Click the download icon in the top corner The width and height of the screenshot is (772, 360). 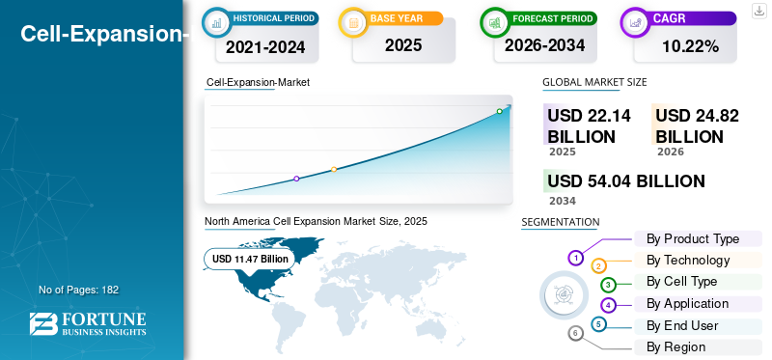coord(758,10)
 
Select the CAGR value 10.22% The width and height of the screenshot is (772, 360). coord(690,46)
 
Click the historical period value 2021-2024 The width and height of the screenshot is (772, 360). coord(266,46)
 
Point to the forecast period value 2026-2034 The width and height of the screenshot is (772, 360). coord(544,45)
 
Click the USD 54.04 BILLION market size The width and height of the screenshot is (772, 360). coord(626,181)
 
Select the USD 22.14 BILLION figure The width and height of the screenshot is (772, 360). coord(589,125)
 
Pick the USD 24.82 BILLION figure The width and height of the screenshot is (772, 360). coord(697,125)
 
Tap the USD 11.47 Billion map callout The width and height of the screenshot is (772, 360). coord(250,259)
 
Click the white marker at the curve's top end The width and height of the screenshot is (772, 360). coord(500,111)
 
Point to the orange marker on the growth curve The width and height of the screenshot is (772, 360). coord(334,170)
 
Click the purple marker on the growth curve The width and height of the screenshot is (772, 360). coord(296,179)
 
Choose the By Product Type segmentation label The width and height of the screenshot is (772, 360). coord(693,238)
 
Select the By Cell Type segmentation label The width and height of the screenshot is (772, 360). coord(681,282)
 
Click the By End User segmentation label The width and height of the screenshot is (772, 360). coord(682,325)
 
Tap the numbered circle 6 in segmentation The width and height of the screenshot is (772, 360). coord(576,333)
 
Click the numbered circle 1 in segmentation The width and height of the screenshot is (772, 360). coord(576,258)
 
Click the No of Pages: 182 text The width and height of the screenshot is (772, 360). coord(78,290)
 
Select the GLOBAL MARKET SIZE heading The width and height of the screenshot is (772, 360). coord(594,83)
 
